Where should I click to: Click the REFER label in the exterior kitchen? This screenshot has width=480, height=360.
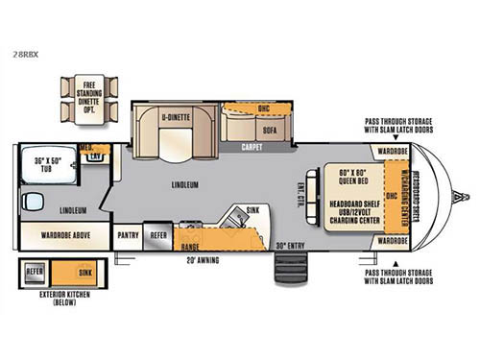[36, 272]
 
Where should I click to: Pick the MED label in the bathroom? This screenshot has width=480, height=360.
[85, 148]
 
